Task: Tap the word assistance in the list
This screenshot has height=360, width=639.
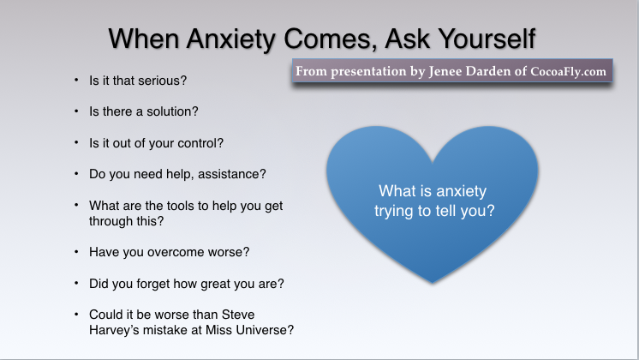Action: click(x=232, y=174)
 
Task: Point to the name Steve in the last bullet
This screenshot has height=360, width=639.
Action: click(x=236, y=314)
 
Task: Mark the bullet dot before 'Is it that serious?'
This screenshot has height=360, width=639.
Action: click(x=75, y=81)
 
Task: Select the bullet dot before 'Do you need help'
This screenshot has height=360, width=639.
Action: click(x=75, y=174)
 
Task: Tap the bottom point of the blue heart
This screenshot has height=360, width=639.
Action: click(x=433, y=282)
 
